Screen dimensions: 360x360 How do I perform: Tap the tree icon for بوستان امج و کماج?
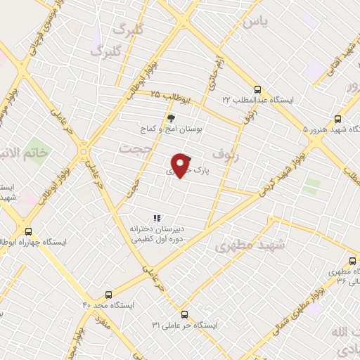[x=169, y=117]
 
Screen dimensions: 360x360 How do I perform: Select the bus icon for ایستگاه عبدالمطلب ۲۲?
[x=258, y=89]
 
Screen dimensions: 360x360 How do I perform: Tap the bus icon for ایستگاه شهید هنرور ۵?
[x=337, y=119]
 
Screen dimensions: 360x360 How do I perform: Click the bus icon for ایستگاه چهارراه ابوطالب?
[x=28, y=231]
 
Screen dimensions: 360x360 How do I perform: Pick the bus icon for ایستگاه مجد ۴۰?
[x=108, y=295]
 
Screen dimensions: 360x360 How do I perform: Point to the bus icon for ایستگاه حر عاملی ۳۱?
[x=184, y=314]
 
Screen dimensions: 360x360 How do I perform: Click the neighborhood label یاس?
[x=255, y=22]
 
